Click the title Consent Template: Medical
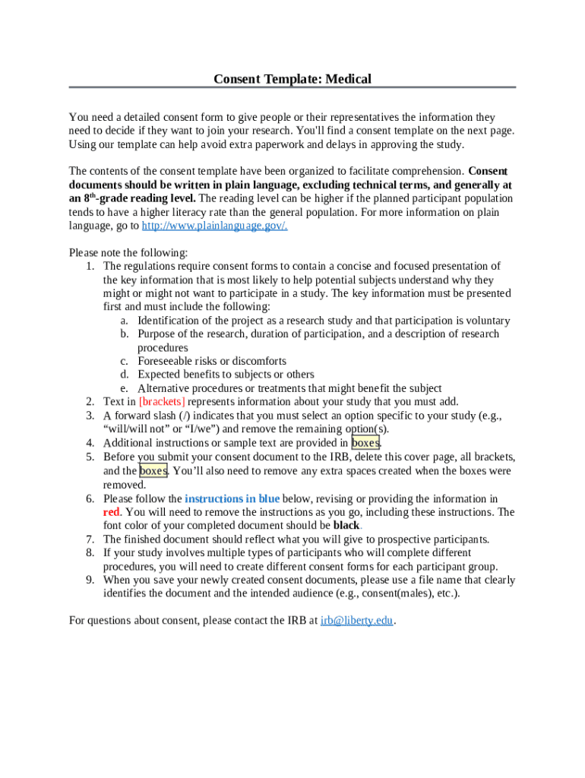[x=292, y=79]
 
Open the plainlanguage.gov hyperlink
[x=214, y=226]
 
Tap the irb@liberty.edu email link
[x=356, y=621]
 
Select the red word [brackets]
[x=162, y=402]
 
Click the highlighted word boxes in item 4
[x=365, y=443]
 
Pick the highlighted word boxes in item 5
[x=153, y=471]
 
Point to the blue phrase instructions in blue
[x=232, y=499]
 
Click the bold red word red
[x=111, y=512]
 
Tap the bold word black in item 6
[x=346, y=526]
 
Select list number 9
[x=89, y=580]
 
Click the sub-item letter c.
[x=123, y=362]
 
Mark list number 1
[x=89, y=266]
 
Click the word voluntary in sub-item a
[x=482, y=321]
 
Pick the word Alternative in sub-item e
[x=165, y=388]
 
